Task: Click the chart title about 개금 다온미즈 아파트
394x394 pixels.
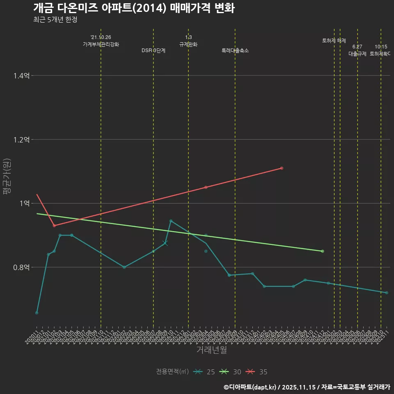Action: point(134,8)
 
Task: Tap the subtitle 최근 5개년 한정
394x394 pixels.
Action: point(55,19)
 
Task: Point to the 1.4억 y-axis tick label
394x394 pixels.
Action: point(21,76)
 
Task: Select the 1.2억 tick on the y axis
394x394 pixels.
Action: point(21,140)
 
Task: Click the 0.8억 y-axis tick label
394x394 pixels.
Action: point(21,267)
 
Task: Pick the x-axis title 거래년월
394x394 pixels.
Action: point(211,350)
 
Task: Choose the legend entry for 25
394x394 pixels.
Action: point(205,372)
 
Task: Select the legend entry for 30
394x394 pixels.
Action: point(231,372)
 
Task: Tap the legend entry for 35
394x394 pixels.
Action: point(257,372)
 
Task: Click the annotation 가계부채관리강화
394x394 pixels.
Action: point(101,44)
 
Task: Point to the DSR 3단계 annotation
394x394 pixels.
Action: point(153,50)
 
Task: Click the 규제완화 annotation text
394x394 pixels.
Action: point(188,44)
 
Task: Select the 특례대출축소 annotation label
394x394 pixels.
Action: point(235,50)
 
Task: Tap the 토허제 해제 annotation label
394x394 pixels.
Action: point(334,41)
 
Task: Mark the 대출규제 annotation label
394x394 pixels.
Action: point(357,53)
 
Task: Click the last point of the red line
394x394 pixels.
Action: point(282,168)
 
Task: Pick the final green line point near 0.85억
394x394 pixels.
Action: point(323,251)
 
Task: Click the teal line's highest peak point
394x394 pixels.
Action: point(171,221)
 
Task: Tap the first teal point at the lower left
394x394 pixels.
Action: point(37,313)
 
